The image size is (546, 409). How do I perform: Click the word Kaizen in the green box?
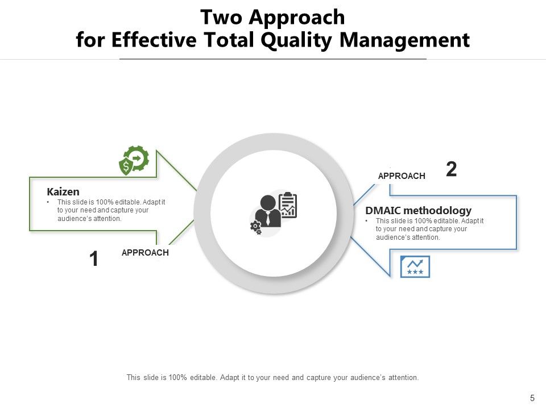tap(63, 192)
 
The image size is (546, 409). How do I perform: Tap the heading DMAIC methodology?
tap(418, 211)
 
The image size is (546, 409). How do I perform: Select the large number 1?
tap(94, 260)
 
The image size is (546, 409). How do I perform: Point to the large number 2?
tap(451, 169)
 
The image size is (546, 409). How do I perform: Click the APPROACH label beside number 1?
tap(145, 253)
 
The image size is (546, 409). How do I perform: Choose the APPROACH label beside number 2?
tap(402, 176)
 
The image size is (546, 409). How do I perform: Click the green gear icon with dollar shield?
tap(134, 161)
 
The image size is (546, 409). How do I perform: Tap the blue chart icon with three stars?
tap(415, 266)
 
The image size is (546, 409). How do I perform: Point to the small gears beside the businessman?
tap(256, 228)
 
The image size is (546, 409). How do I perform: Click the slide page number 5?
tap(532, 398)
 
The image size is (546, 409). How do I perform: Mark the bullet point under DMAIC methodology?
tap(368, 221)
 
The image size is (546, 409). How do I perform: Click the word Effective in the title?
tap(146, 41)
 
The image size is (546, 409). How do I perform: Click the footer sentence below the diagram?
tap(272, 377)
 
